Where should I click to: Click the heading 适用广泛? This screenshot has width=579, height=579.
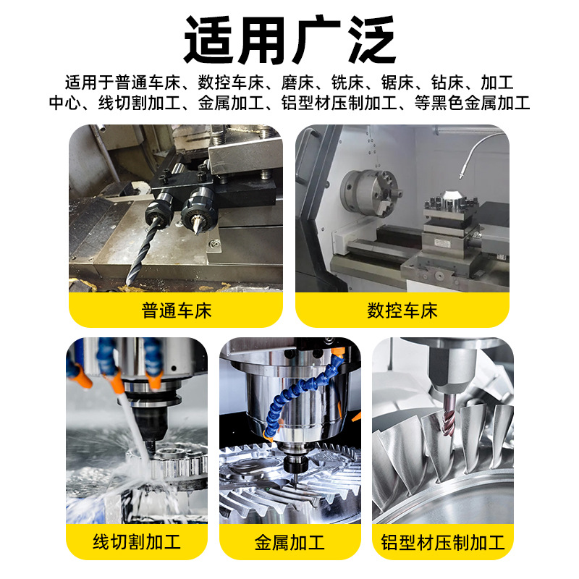click(289, 40)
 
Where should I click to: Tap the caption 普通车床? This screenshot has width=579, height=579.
click(177, 311)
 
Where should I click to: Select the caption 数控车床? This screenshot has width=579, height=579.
click(402, 311)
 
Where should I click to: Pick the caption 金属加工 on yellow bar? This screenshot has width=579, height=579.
click(289, 541)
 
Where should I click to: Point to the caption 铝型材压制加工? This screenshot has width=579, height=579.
click(442, 541)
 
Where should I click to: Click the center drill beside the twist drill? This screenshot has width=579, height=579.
click(196, 221)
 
